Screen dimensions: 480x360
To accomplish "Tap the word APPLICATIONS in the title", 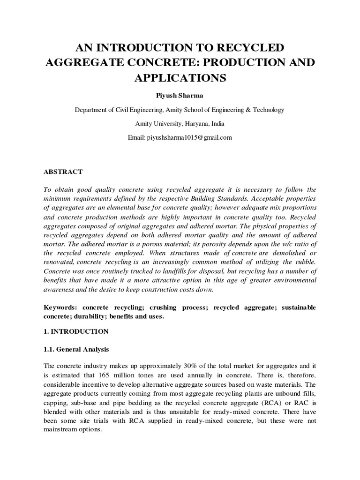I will click(180, 77).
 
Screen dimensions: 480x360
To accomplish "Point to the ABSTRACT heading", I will click(63, 172).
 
